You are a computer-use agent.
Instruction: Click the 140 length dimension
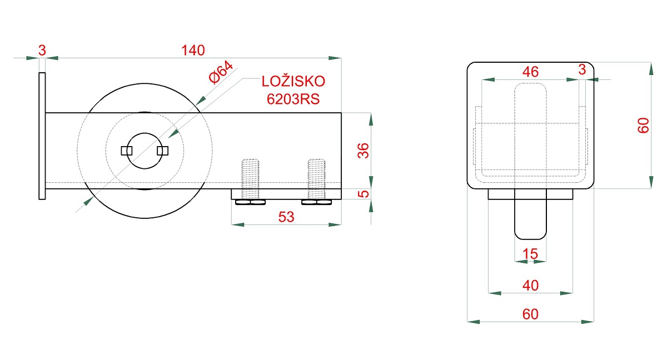pos(193,51)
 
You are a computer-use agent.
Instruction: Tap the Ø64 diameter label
pos(221,73)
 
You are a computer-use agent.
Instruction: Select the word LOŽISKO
pos(293,82)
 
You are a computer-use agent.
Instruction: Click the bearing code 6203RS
pos(293,99)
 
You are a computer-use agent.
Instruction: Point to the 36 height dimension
pos(363,151)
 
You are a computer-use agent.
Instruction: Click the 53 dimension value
pos(286,217)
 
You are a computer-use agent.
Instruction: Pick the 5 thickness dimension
pos(363,194)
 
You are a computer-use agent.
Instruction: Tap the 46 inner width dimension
pos(530,72)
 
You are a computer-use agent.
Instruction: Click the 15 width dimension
pos(530,254)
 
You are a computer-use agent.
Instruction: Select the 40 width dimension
pos(530,286)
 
